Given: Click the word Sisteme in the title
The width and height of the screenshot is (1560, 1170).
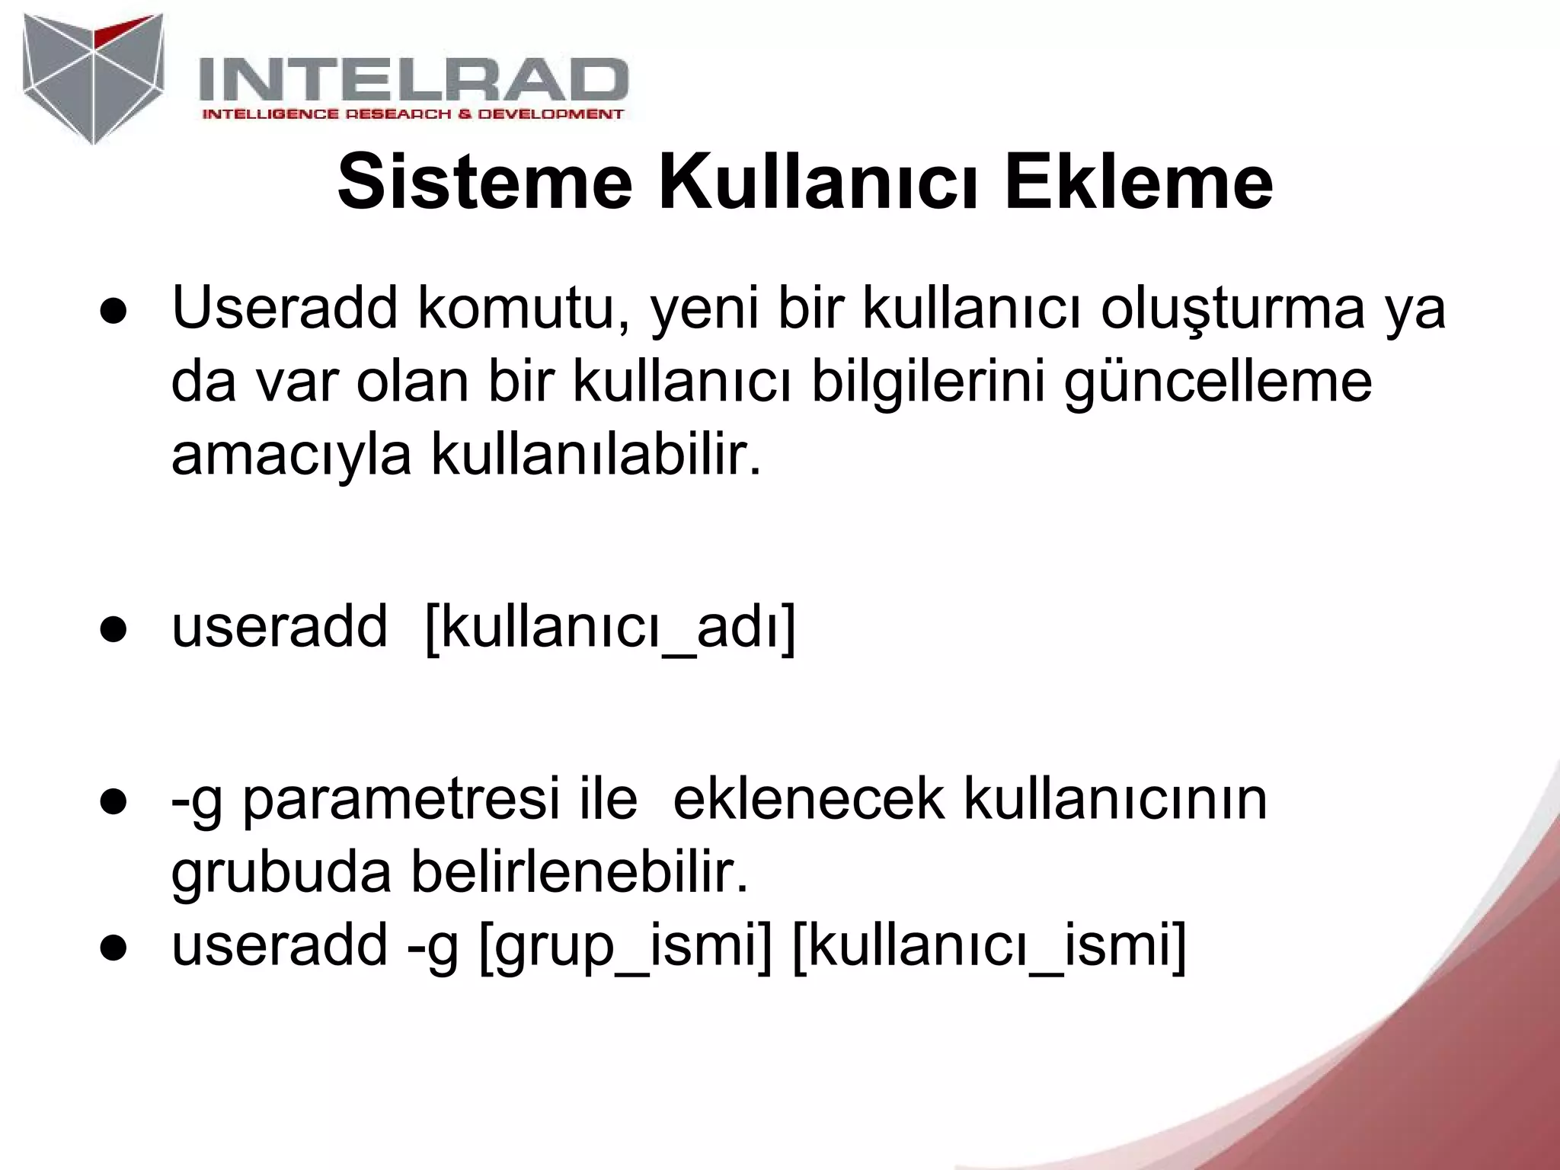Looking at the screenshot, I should point(484,183).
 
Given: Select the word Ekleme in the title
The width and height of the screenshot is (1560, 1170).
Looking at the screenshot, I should point(1138,183).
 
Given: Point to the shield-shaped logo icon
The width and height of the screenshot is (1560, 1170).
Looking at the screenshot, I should point(93,78).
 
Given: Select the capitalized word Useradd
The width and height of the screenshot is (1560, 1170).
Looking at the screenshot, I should point(285,308).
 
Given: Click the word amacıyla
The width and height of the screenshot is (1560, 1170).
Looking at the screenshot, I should point(291,454).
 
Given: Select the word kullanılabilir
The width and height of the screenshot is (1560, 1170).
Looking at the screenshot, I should point(596,454).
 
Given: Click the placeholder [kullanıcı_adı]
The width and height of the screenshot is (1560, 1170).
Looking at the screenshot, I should point(610,626).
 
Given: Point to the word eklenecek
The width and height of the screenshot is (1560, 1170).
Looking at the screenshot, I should point(808,799).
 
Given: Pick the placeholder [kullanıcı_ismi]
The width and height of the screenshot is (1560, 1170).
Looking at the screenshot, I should point(989,946).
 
